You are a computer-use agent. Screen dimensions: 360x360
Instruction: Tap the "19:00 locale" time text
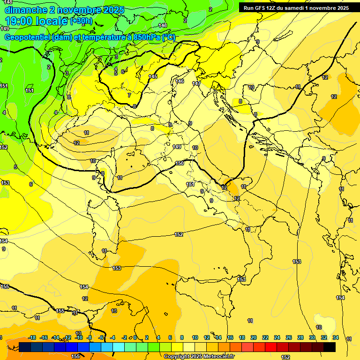click(x=36, y=21)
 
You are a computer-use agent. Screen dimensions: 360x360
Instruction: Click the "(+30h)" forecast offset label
click(x=81, y=21)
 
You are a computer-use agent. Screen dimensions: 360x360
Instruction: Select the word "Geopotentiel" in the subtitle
click(x=27, y=37)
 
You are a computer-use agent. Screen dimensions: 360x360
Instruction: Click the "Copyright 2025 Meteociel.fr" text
click(x=199, y=357)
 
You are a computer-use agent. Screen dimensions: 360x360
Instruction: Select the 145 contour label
click(x=153, y=76)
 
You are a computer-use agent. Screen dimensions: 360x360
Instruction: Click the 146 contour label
click(x=180, y=81)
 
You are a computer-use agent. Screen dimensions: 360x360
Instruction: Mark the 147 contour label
click(x=196, y=83)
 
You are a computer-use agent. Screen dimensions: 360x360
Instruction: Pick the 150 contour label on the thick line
click(x=179, y=163)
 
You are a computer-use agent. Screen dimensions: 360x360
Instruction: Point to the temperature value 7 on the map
click(x=129, y=95)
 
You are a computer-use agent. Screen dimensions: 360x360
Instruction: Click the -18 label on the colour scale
click(x=32, y=337)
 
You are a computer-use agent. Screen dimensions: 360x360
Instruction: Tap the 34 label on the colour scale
click(x=335, y=337)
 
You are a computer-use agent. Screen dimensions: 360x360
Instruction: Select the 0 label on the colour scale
click(x=135, y=337)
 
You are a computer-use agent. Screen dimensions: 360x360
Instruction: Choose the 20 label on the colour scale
click(x=254, y=337)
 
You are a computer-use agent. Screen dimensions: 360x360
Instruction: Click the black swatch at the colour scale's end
click(x=329, y=347)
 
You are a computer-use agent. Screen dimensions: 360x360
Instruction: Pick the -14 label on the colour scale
click(x=55, y=337)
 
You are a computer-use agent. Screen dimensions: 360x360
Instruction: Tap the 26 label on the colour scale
click(x=289, y=337)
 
